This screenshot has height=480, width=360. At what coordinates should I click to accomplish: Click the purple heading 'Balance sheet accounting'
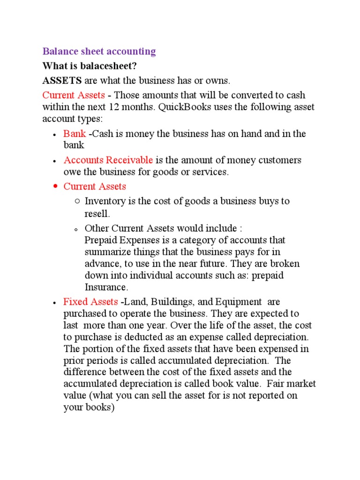(x=99, y=52)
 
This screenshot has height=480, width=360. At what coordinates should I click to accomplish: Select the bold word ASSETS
(x=62, y=80)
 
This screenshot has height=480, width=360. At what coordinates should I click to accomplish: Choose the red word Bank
(x=75, y=134)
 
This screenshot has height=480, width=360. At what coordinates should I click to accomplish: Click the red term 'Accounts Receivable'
(x=108, y=160)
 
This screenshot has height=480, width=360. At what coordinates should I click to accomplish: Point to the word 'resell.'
(x=97, y=214)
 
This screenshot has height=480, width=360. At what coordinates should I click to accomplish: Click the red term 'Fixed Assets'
(x=90, y=302)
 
